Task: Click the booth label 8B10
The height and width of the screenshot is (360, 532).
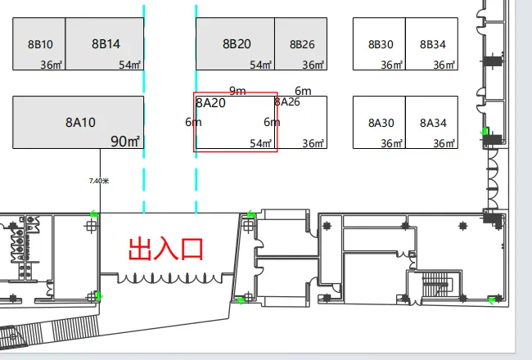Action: coord(40,44)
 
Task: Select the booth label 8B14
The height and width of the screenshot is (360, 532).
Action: coord(106,44)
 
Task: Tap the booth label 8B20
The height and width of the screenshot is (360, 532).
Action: coord(237,43)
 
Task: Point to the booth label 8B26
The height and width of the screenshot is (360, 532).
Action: coord(301,44)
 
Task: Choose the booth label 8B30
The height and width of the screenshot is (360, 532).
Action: coord(381,44)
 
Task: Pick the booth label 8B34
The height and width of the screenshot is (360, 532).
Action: coord(432,44)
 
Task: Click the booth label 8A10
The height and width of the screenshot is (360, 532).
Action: coord(81,123)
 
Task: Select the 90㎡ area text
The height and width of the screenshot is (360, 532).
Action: coord(126,142)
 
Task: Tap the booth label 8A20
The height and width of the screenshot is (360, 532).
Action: coord(210,103)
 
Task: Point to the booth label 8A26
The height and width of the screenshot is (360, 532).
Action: coord(287,102)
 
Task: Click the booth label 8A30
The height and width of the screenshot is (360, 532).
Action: coord(381,123)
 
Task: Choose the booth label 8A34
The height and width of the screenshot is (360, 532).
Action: coord(433,123)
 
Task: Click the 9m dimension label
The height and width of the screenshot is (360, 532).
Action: coord(237,91)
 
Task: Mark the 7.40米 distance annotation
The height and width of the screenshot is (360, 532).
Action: coord(98,181)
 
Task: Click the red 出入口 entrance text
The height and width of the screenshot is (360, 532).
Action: coord(165,248)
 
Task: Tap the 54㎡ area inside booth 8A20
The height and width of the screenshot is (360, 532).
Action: coord(261,143)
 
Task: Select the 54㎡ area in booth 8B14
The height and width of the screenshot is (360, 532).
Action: coord(130,65)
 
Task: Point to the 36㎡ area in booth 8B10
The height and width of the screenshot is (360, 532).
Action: coord(52,65)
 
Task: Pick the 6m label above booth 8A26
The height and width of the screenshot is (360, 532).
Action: coord(303,91)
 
